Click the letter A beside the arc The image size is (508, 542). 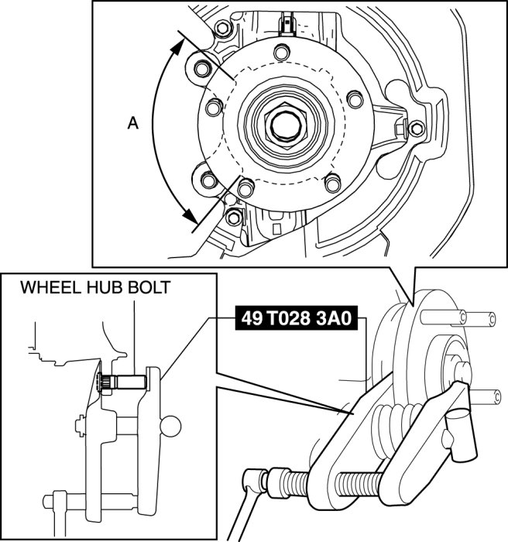(x=133, y=122)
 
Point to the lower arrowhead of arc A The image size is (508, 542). (x=187, y=218)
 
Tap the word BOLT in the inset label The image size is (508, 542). (x=149, y=288)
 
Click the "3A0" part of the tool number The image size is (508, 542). (x=339, y=318)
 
